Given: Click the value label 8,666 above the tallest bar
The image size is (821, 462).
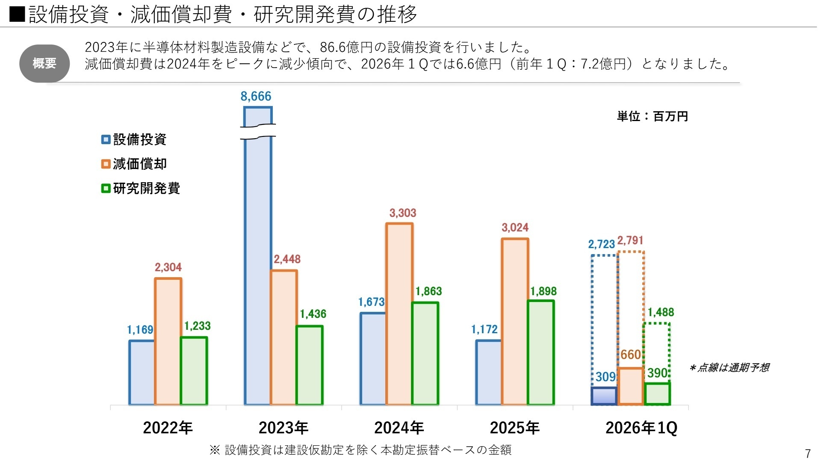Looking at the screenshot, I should pyautogui.click(x=256, y=96).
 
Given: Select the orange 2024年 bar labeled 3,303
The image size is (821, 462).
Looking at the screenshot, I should pyautogui.click(x=399, y=314).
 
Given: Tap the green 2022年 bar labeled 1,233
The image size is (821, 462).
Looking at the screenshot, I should pyautogui.click(x=194, y=370).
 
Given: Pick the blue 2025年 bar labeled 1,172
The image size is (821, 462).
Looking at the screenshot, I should pyautogui.click(x=488, y=372).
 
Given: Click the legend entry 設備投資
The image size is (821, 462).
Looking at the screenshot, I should pyautogui.click(x=134, y=139).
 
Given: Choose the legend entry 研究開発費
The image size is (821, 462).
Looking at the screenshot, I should pyautogui.click(x=141, y=188).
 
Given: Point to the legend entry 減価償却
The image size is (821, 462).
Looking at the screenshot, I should pyautogui.click(x=134, y=164).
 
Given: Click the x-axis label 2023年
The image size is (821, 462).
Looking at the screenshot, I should pyautogui.click(x=284, y=428).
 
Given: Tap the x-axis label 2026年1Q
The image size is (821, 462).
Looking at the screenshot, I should pyautogui.click(x=641, y=428).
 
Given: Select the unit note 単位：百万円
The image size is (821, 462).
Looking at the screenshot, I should pyautogui.click(x=652, y=116).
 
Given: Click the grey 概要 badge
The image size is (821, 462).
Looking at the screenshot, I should pyautogui.click(x=44, y=63).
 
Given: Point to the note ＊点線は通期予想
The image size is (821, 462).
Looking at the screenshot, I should pyautogui.click(x=729, y=367).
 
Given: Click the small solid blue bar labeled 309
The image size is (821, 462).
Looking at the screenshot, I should pyautogui.click(x=604, y=396).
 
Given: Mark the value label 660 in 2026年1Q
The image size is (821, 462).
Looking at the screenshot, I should pyautogui.click(x=630, y=355).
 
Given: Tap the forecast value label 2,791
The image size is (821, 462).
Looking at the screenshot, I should pyautogui.click(x=630, y=240).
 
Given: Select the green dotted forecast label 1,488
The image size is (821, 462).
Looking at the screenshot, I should pyautogui.click(x=661, y=312).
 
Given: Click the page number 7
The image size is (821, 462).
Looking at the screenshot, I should pyautogui.click(x=807, y=453).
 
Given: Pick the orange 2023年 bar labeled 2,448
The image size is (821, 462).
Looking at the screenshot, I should pyautogui.click(x=284, y=337).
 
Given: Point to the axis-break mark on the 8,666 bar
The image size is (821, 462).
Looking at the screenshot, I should pyautogui.click(x=258, y=131).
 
